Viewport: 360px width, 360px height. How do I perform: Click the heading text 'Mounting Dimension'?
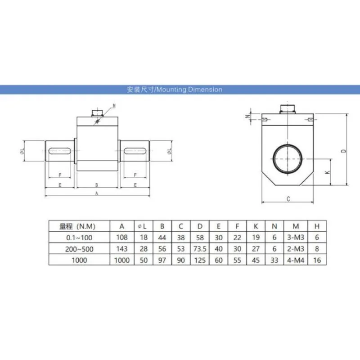189,90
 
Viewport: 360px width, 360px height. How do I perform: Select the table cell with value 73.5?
200,249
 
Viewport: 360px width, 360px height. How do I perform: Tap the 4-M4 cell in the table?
296,261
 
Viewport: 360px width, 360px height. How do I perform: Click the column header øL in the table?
144,226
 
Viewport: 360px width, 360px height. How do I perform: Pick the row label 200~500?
79,249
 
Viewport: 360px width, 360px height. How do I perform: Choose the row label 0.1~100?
79,238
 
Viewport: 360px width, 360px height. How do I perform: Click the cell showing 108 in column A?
122,238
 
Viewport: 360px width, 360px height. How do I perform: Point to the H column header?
317,226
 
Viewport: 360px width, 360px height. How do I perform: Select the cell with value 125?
200,261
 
